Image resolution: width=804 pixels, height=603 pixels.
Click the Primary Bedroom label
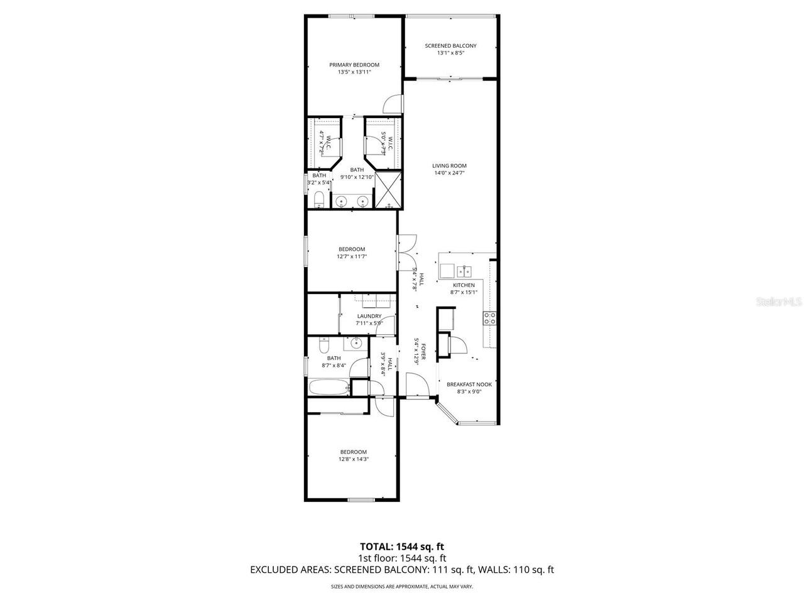(x=354, y=65)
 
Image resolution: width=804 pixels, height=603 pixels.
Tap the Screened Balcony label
(x=450, y=46)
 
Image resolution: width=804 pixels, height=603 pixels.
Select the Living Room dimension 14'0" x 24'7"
(x=450, y=173)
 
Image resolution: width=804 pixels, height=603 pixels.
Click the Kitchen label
(x=464, y=285)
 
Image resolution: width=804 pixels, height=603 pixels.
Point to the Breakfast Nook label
(x=469, y=384)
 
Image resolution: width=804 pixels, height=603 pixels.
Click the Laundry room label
(x=369, y=316)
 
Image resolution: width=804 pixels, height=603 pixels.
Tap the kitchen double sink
(x=464, y=271)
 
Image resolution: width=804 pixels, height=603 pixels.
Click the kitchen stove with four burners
(x=490, y=318)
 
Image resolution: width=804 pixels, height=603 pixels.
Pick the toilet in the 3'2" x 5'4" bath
(x=318, y=200)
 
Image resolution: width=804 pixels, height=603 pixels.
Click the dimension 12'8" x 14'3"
(x=353, y=459)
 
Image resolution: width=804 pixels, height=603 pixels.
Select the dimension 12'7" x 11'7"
(x=351, y=256)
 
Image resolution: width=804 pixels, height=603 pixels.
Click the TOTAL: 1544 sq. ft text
(x=402, y=546)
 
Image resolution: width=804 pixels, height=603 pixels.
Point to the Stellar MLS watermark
(x=779, y=302)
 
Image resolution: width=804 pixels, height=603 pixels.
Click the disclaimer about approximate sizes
(x=402, y=587)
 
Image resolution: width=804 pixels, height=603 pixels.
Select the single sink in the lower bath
(x=355, y=343)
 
